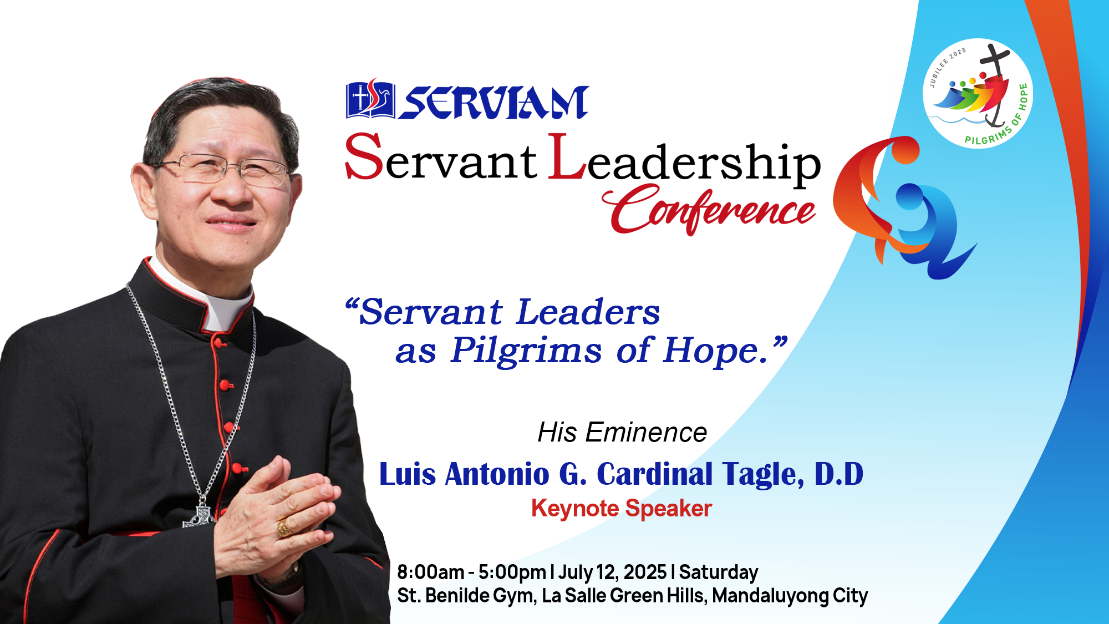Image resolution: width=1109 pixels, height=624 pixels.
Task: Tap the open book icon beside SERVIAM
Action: pyautogui.click(x=370, y=100)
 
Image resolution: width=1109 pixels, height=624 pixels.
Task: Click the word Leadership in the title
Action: pyautogui.click(x=685, y=160)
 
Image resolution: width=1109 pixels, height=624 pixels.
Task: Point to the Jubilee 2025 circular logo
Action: pyautogui.click(x=978, y=93)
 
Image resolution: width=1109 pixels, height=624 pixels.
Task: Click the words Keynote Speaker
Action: pyautogui.click(x=621, y=508)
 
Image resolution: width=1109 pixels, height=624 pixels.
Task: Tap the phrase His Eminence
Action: pyautogui.click(x=622, y=432)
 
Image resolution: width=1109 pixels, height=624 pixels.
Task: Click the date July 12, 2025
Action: pyautogui.click(x=612, y=572)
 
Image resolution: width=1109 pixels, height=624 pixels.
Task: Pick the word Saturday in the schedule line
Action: pyautogui.click(x=719, y=572)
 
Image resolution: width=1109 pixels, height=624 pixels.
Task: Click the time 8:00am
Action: pyautogui.click(x=430, y=572)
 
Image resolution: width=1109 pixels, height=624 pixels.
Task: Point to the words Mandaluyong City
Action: pyautogui.click(x=790, y=596)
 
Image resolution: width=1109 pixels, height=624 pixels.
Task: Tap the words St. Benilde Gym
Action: pyautogui.click(x=466, y=596)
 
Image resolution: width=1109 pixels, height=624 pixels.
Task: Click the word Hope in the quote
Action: pyautogui.click(x=715, y=351)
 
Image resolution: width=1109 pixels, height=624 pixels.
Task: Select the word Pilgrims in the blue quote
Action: pyautogui.click(x=525, y=351)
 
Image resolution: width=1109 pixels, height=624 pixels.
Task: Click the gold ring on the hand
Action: pyautogui.click(x=284, y=527)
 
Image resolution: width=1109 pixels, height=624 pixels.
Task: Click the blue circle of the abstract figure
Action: pyautogui.click(x=909, y=197)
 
